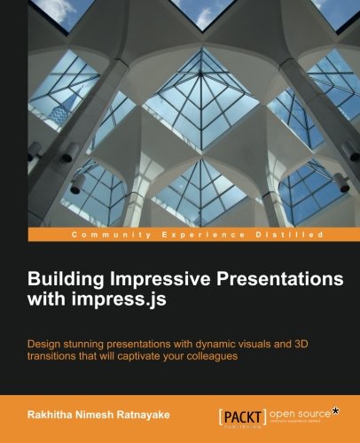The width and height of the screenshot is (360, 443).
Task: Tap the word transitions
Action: coord(59,356)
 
